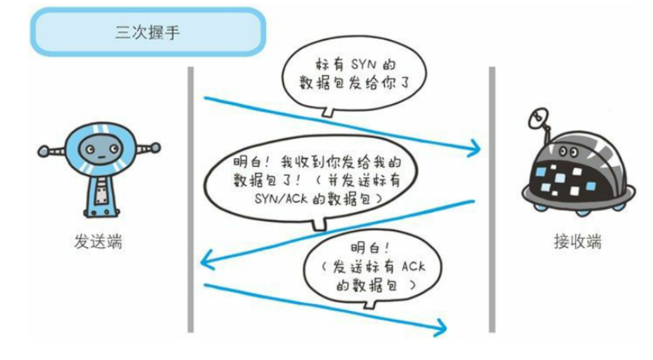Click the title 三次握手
click(x=147, y=32)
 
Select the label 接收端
click(x=577, y=242)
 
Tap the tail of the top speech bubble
click(x=329, y=112)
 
